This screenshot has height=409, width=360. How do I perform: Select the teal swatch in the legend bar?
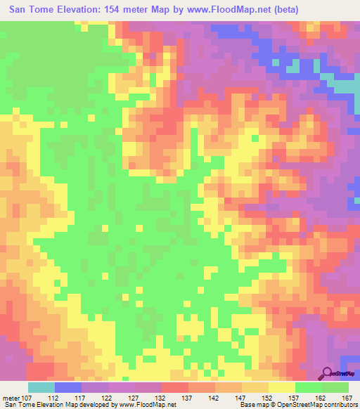point(41,387)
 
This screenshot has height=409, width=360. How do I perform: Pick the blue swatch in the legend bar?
point(68,387)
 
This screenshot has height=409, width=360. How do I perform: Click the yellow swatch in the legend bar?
point(281,387)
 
